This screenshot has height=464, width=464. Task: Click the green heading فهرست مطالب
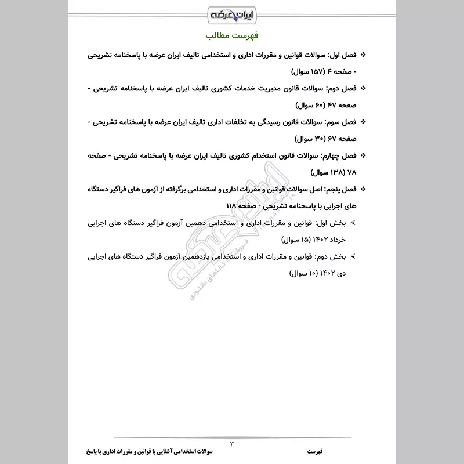click(x=232, y=36)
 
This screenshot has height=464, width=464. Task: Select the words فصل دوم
click(x=339, y=89)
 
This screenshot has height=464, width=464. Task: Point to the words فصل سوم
click(x=339, y=122)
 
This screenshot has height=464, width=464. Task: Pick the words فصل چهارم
click(x=336, y=156)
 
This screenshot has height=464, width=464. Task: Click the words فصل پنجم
click(x=338, y=189)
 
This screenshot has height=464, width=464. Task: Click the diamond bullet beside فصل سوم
click(x=364, y=122)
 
